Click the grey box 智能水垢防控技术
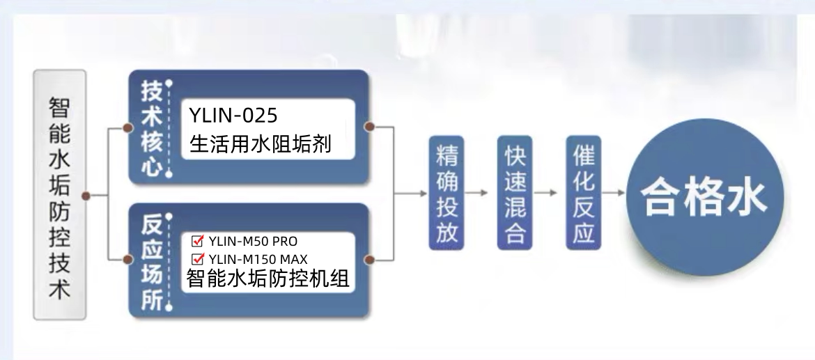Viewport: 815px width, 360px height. [x=59, y=195]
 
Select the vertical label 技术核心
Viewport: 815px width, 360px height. [x=151, y=129]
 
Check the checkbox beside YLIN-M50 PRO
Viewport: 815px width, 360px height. [x=196, y=242]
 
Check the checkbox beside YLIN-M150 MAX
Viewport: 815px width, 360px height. [x=196, y=259]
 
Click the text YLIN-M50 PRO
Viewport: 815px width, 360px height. [x=253, y=242]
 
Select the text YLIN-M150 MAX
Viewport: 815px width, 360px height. [x=258, y=259]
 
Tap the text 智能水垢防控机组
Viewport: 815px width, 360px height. [x=267, y=279]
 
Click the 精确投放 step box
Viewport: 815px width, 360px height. [x=447, y=193]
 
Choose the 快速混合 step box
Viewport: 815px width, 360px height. [x=515, y=193]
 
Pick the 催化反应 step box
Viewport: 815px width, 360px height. [x=583, y=193]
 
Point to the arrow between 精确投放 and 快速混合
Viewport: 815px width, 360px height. [x=479, y=193]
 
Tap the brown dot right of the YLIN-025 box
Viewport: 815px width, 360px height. [x=371, y=127]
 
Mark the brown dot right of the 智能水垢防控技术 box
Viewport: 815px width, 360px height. [x=86, y=196]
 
